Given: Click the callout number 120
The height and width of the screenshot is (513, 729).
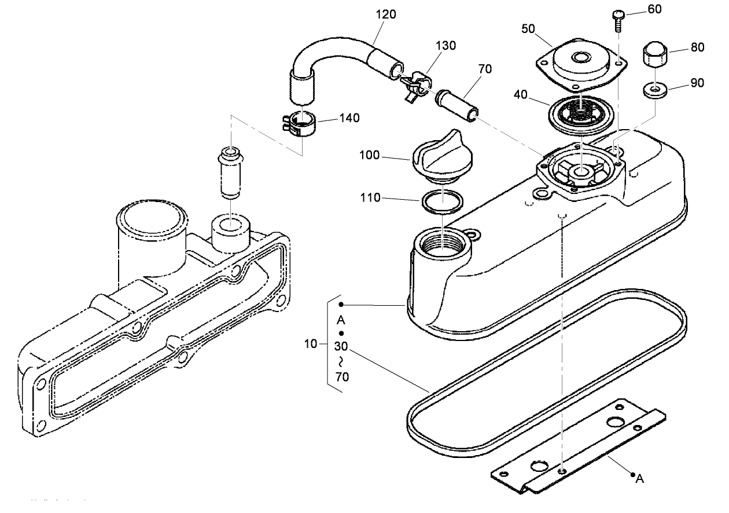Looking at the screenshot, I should [x=385, y=14].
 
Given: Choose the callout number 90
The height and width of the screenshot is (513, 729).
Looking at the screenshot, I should [x=697, y=83].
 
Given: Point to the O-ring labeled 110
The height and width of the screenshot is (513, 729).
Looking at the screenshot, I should [x=443, y=201].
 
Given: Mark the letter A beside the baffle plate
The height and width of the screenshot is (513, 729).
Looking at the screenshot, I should [x=639, y=478].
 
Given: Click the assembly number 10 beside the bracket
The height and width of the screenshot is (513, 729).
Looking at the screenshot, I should [x=311, y=344].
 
